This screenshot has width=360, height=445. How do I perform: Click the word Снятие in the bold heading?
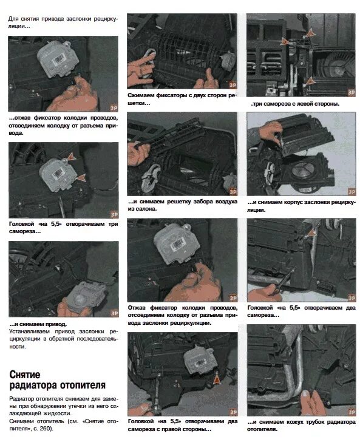(x=25, y=375)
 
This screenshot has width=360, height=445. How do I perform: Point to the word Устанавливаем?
(x=30, y=331)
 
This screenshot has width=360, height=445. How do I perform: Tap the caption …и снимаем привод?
(x=38, y=324)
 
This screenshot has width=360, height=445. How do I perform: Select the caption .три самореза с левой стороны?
(x=295, y=104)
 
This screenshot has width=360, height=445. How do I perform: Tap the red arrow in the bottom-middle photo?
(x=217, y=379)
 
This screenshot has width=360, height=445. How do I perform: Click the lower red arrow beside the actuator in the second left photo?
(x=81, y=178)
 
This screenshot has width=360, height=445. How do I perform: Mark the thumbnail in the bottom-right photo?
(x=305, y=394)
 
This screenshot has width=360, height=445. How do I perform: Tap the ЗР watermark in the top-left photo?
(x=114, y=108)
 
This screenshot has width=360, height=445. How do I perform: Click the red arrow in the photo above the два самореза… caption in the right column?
(x=311, y=233)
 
